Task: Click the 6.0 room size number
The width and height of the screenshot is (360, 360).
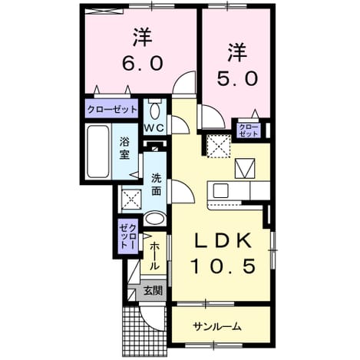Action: [x=142, y=63]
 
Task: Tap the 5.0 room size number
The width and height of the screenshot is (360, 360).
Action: [x=237, y=78]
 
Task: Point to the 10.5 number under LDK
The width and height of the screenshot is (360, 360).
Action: [x=223, y=266]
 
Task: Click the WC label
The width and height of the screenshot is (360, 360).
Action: [x=154, y=128]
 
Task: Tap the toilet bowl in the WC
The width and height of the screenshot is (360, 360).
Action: [x=154, y=111]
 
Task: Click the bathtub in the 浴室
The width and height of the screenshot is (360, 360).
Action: [x=98, y=152]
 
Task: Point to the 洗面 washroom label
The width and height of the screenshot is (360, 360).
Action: [x=156, y=184]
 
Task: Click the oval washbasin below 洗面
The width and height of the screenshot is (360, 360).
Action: [x=155, y=219]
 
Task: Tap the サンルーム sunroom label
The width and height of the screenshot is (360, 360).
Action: [x=217, y=326]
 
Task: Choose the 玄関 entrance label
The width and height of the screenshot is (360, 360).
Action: [x=153, y=290]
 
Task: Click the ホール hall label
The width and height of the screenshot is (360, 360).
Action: [x=154, y=256]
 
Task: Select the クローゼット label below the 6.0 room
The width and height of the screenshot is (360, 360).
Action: [x=112, y=110]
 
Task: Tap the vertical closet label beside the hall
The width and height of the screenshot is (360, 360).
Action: [x=128, y=236]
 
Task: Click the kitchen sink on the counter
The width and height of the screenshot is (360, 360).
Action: [x=220, y=190]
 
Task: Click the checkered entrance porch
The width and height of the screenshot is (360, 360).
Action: [x=144, y=331]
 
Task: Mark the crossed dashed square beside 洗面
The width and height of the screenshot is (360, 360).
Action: [x=131, y=199]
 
